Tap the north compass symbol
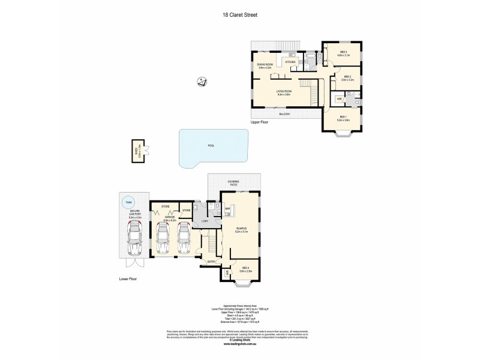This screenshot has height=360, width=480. coord(202,82)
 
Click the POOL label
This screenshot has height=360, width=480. coord(211,145)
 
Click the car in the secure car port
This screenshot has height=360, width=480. coord(134,238)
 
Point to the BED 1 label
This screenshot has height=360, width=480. coord(343,118)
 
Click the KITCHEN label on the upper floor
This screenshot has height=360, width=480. coord(290,62)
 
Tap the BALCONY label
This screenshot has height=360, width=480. coord(285,113)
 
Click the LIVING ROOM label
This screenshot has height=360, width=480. coord(284,91)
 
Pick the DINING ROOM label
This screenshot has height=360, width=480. coord(265,65)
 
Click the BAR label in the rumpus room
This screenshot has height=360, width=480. coord(228,209)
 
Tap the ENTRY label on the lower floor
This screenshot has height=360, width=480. coord(211,262)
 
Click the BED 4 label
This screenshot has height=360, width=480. coord(246,269)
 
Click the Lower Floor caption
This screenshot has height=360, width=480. coord(128,279)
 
